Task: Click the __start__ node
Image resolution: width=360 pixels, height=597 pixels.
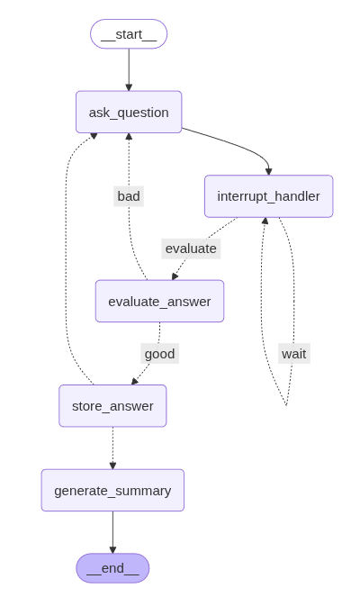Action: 129,34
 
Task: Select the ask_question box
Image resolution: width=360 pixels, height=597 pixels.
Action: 129,112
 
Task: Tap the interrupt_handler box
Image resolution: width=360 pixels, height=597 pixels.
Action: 269,196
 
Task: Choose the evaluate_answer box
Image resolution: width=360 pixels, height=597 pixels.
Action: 159,301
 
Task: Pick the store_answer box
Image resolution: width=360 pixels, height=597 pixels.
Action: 112,406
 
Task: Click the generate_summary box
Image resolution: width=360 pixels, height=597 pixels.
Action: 112,491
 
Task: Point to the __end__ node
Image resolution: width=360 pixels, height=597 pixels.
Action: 112,568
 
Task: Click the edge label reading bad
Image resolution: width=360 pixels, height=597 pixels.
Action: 129,196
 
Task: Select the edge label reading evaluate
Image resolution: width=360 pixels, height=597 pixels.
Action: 191,249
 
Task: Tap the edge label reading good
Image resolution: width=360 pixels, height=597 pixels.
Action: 160,354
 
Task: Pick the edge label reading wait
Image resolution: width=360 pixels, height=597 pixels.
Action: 294,354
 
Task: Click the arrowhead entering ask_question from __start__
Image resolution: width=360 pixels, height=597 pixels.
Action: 129,87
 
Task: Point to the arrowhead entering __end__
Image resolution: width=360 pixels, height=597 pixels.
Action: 112,550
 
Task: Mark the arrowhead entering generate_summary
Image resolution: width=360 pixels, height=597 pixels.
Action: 112,466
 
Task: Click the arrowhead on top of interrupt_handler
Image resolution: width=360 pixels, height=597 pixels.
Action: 269,172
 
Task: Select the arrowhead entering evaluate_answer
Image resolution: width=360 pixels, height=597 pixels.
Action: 175,276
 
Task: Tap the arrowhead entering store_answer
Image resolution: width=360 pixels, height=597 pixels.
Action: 135,382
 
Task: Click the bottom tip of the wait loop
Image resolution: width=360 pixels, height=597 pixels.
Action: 286,405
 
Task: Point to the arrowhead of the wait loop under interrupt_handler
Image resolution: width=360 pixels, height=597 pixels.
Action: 265,221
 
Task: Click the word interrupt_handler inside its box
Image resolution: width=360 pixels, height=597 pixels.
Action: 269,196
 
